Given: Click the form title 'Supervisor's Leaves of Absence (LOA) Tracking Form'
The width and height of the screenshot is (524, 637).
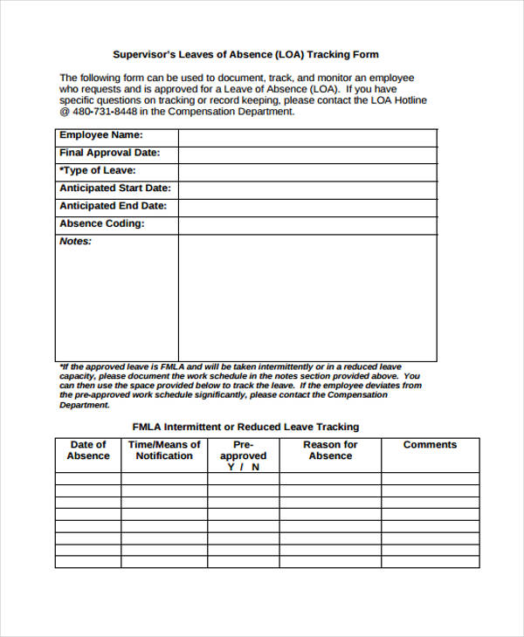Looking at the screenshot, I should [x=246, y=54].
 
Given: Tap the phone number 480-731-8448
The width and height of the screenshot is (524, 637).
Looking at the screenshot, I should [x=104, y=112].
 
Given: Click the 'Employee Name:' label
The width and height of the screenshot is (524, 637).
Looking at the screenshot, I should [x=100, y=136].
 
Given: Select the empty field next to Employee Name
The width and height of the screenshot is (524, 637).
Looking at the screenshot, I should [x=307, y=138].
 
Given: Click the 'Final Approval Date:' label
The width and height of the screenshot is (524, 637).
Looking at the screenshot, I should [x=109, y=154].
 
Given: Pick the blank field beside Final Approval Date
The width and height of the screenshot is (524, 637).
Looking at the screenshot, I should [x=307, y=155].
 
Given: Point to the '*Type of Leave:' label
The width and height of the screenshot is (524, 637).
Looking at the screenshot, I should [x=97, y=171].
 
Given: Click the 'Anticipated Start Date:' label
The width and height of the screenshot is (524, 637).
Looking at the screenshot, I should [x=114, y=188].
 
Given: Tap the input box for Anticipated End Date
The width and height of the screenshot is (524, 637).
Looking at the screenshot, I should [x=307, y=208].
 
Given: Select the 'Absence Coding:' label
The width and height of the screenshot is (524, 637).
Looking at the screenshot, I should [x=101, y=224].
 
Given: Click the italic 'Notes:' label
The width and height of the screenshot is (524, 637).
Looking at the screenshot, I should [x=75, y=242].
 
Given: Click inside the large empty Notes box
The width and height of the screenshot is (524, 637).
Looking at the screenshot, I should [x=307, y=297].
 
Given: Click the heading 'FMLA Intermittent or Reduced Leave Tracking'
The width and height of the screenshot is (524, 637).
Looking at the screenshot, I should [x=245, y=427].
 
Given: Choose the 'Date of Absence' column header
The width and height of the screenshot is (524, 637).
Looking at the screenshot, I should [x=88, y=450].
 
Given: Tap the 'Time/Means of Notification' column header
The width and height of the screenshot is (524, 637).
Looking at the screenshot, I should [x=164, y=450].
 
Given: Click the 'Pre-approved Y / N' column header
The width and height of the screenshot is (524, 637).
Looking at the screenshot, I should [x=243, y=455].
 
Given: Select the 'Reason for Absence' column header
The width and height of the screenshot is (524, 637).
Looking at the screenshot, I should [x=330, y=450].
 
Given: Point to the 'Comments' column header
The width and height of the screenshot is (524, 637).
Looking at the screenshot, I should [x=430, y=445].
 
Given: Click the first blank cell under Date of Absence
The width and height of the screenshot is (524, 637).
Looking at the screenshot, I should [x=88, y=478].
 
